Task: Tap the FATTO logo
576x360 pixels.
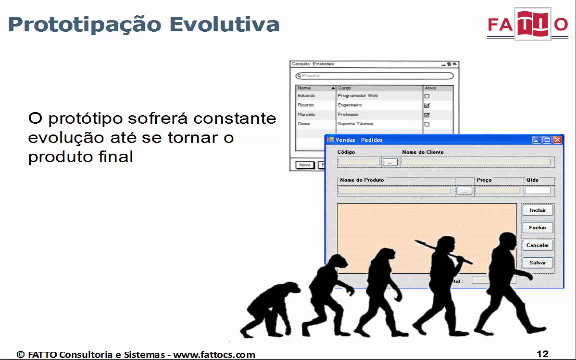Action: [527, 24]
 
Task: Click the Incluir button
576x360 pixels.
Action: [538, 210]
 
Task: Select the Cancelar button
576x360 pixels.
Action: [538, 245]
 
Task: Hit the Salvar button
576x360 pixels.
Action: [538, 263]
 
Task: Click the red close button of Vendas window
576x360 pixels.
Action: [557, 140]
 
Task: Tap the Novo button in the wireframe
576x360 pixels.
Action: [304, 165]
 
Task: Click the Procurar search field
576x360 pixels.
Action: [375, 76]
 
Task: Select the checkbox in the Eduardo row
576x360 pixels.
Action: [427, 96]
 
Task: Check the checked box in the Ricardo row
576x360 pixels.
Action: [427, 106]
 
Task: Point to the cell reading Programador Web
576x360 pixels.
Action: [358, 96]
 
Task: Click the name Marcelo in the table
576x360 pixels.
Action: [306, 115]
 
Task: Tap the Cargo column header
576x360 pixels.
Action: [345, 88]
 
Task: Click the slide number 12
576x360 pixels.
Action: [542, 354]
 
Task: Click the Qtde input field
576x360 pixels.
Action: [538, 190]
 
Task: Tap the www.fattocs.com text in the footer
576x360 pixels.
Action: [214, 355]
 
